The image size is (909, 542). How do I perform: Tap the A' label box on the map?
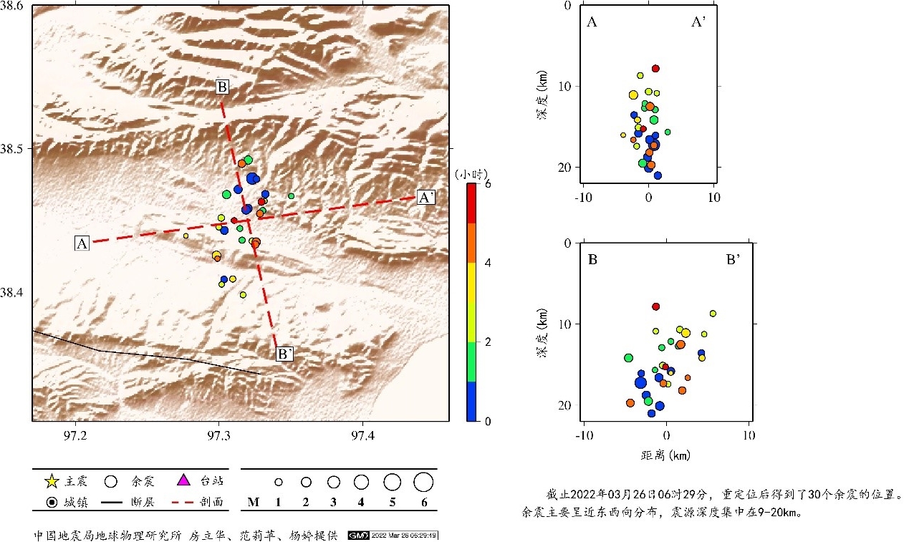pyautogui.click(x=425, y=198)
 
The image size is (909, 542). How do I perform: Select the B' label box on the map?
pyautogui.click(x=284, y=353)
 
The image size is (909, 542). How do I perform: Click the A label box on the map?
pyautogui.click(x=82, y=243)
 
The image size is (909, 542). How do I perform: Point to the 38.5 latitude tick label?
pyautogui.click(x=13, y=149)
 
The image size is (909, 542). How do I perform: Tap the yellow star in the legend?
pyautogui.click(x=51, y=480)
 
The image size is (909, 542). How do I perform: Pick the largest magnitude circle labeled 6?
pyautogui.click(x=423, y=482)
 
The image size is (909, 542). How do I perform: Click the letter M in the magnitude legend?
pyautogui.click(x=253, y=503)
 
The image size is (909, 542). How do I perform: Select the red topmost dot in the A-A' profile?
pyautogui.click(x=655, y=69)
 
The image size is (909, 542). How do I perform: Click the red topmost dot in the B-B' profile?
pyautogui.click(x=655, y=306)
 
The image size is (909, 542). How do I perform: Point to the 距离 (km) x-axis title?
pyautogui.click(x=665, y=454)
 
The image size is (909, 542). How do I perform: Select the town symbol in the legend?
pyautogui.click(x=51, y=502)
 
